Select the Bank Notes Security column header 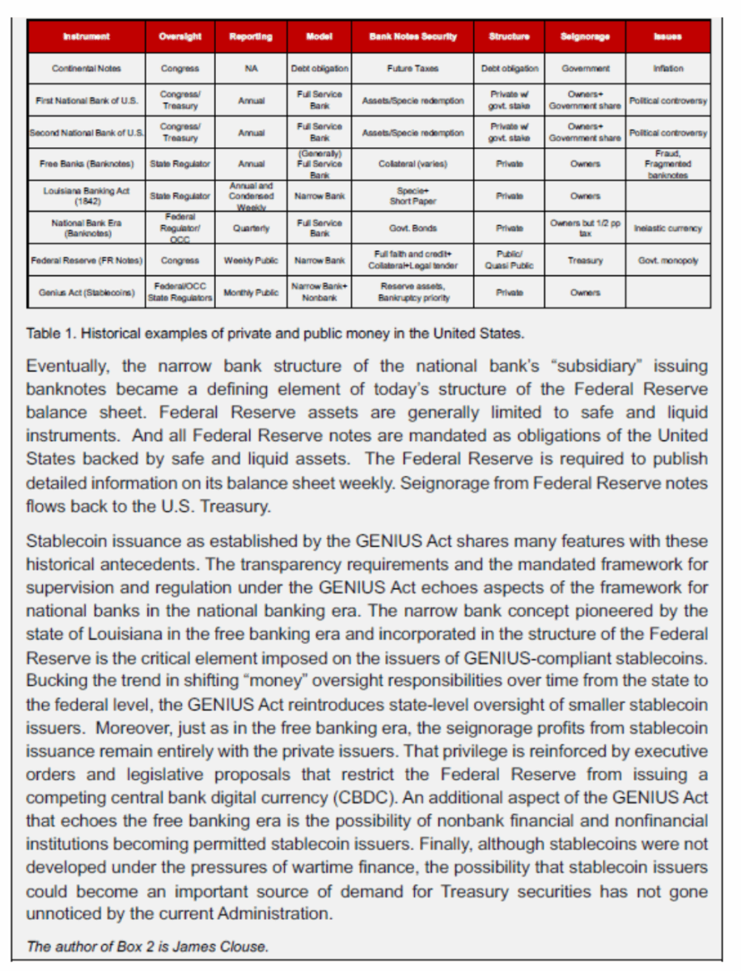pyautogui.click(x=413, y=36)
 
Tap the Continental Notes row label pyautogui.click(x=87, y=69)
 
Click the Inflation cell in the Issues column pyautogui.click(x=668, y=69)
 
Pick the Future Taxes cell pyautogui.click(x=413, y=69)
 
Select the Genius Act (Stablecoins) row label pyautogui.click(x=87, y=292)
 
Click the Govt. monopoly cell pyautogui.click(x=668, y=261)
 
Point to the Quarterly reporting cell pyautogui.click(x=251, y=228)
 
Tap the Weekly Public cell pyautogui.click(x=251, y=261)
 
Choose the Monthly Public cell pyautogui.click(x=251, y=292)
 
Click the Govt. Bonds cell pyautogui.click(x=413, y=228)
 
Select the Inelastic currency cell pyautogui.click(x=668, y=228)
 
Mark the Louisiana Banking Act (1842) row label pyautogui.click(x=87, y=196)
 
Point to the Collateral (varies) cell pyautogui.click(x=413, y=164)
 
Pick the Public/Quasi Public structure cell pyautogui.click(x=509, y=261)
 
